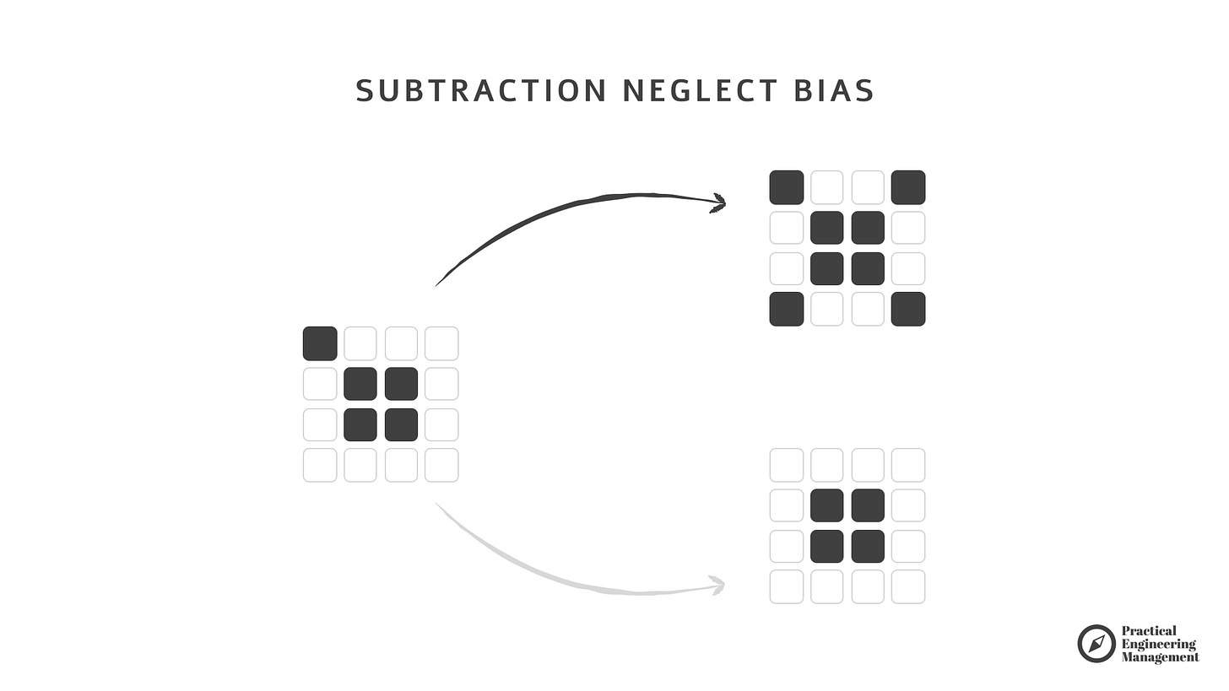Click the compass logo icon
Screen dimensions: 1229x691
tap(1096, 644)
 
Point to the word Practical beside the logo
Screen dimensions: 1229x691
tap(1149, 631)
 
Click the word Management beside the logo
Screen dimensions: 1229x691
tap(1160, 657)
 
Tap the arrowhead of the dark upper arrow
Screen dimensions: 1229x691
tap(718, 202)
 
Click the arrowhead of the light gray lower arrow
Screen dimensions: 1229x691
tap(717, 584)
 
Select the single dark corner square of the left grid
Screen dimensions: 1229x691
tap(320, 343)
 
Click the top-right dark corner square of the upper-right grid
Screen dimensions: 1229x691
tap(908, 187)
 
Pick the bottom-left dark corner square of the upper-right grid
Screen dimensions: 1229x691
tap(787, 309)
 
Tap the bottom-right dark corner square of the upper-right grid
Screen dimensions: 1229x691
tap(908, 309)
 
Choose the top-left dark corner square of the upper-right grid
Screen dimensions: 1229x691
tap(787, 187)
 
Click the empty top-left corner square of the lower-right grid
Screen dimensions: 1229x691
tap(787, 465)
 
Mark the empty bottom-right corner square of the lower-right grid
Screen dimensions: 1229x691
tap(908, 586)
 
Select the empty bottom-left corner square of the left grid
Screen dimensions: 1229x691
tap(320, 465)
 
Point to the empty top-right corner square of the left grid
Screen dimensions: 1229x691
tap(441, 343)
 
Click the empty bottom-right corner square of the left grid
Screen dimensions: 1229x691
tap(441, 465)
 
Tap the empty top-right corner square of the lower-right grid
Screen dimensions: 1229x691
tap(908, 465)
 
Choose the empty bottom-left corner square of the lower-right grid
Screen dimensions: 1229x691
tap(787, 586)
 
